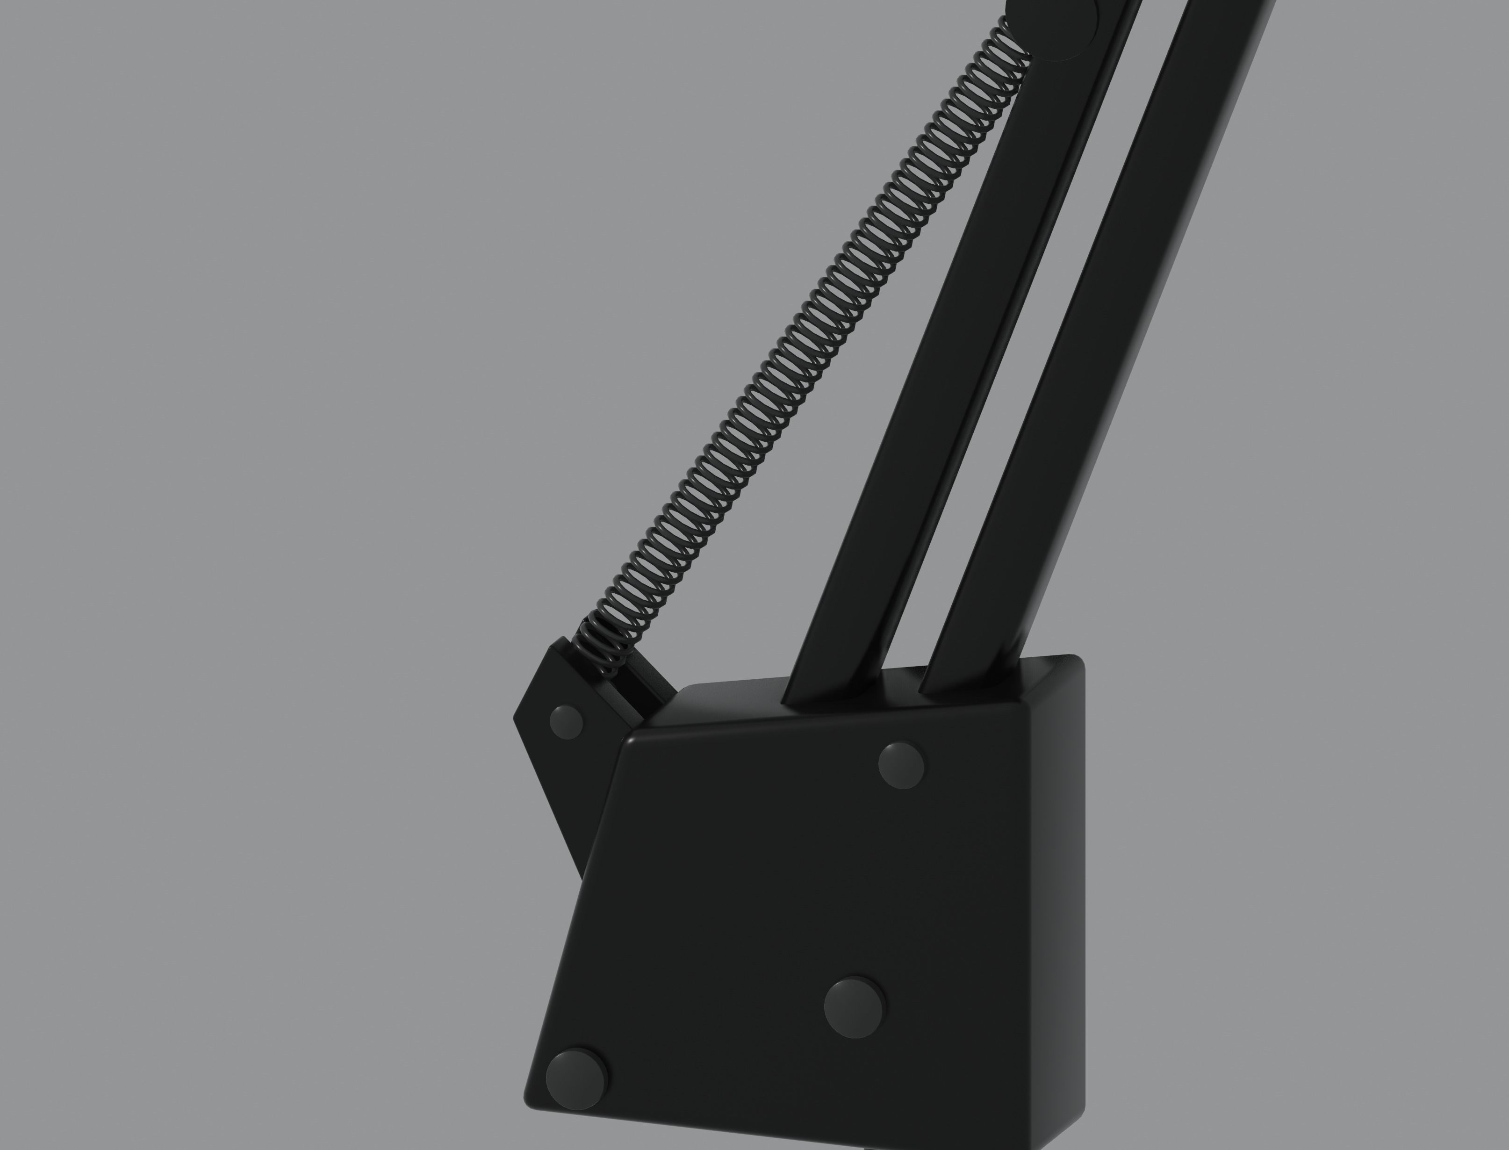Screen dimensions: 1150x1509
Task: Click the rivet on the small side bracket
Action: pos(567,722)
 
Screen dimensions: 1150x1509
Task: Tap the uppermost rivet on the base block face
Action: pos(901,765)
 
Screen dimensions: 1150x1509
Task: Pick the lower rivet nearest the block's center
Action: pos(854,1007)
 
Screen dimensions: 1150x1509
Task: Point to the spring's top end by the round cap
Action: pos(1013,41)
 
